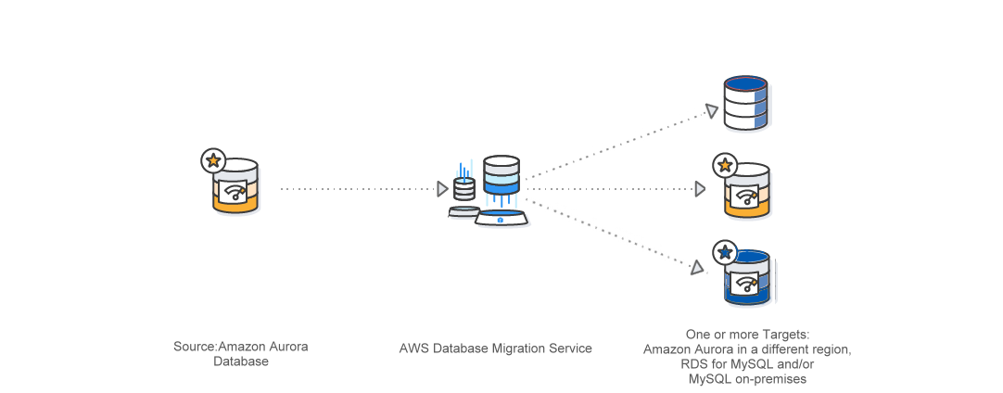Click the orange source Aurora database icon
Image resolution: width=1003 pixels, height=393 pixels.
235,188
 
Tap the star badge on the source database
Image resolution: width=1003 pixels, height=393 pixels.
213,160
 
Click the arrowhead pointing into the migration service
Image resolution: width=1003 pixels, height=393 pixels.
442,189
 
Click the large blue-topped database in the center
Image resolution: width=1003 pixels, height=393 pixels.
501,175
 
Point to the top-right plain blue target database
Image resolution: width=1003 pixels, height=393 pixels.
746,103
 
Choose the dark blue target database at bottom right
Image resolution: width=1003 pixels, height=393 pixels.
748,278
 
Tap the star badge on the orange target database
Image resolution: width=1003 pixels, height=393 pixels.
724,167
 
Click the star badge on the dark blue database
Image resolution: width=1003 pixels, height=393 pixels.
725,252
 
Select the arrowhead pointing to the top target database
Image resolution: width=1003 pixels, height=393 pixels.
711,111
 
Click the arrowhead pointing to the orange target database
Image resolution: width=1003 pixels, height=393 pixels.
701,189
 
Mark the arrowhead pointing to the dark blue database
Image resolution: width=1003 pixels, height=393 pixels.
697,268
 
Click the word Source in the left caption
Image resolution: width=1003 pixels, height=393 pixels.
194,347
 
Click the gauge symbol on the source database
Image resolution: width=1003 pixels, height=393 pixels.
235,193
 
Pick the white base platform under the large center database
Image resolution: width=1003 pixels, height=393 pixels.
501,219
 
